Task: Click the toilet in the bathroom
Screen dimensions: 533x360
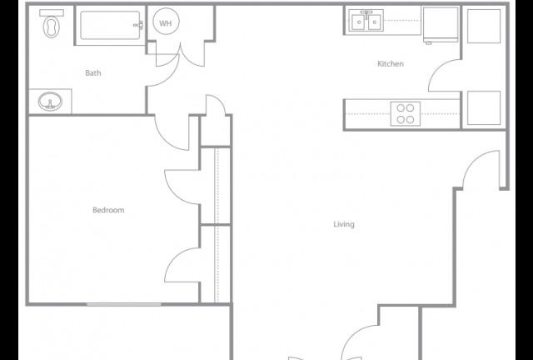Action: [x=52, y=23]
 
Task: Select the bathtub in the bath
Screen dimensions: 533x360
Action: [x=110, y=26]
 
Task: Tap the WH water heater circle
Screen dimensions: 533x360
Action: [x=166, y=22]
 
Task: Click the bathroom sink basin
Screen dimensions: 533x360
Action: [x=50, y=102]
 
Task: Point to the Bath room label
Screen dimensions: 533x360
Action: [x=93, y=72]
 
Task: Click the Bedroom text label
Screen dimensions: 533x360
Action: [x=108, y=210]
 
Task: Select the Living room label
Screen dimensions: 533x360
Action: [x=344, y=224]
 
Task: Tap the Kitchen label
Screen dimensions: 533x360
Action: [x=391, y=63]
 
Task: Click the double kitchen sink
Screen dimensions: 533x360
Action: [x=366, y=21]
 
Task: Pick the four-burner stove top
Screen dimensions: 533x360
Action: [x=406, y=113]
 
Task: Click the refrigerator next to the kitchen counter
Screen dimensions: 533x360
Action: [x=441, y=24]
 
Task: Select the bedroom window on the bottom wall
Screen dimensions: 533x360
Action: [x=124, y=304]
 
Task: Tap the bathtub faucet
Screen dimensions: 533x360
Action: [x=138, y=25]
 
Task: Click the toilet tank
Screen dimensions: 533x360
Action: [x=52, y=13]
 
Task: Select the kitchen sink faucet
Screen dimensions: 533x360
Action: [x=366, y=13]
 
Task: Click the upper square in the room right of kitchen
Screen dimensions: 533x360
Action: [x=484, y=26]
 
